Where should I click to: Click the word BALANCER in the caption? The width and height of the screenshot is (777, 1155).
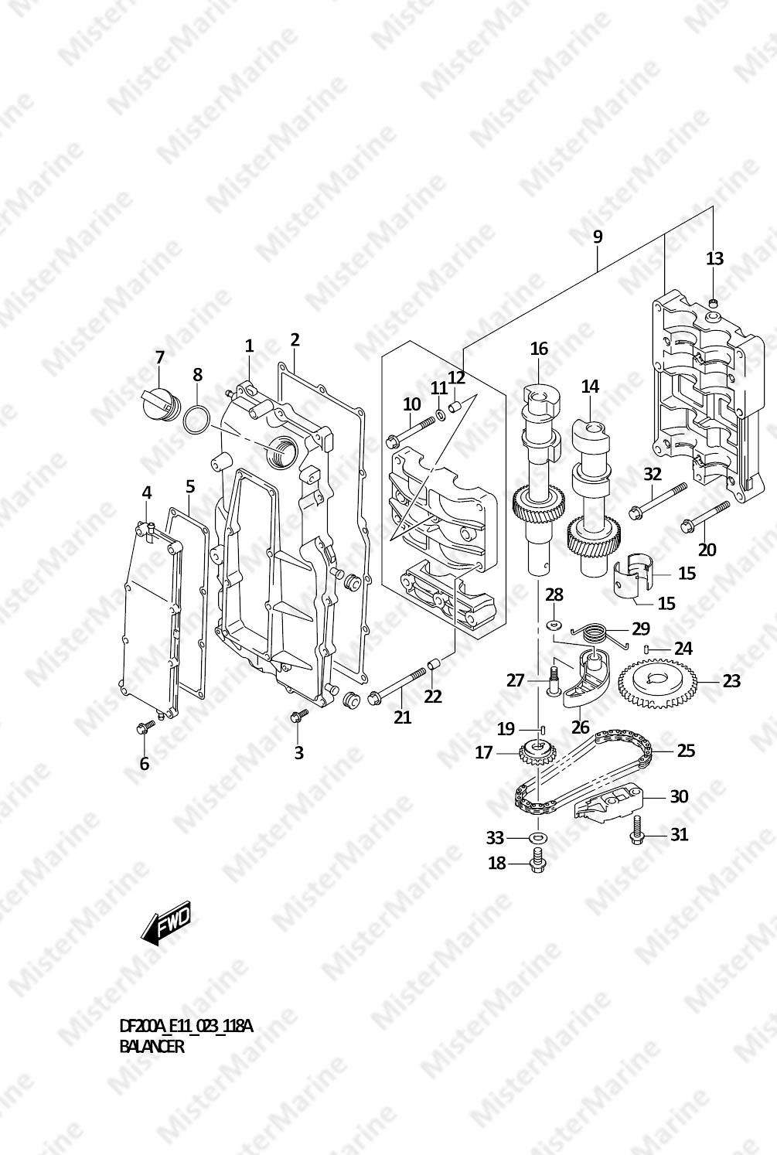(x=151, y=1046)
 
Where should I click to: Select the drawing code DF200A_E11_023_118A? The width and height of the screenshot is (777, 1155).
(x=186, y=1027)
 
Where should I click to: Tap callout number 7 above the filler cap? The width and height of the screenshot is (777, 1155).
(x=159, y=357)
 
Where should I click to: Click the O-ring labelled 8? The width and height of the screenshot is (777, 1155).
(x=196, y=421)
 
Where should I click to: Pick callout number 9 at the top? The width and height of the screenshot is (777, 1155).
(x=597, y=237)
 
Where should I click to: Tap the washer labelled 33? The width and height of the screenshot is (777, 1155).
(x=538, y=838)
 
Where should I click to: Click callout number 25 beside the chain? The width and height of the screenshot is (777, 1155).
(x=686, y=750)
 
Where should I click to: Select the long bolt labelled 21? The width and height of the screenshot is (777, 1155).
(x=397, y=685)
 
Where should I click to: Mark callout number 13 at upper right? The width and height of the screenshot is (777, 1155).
(x=714, y=258)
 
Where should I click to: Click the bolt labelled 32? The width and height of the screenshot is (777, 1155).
(x=659, y=499)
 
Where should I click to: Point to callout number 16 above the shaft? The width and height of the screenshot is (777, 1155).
(x=540, y=349)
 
